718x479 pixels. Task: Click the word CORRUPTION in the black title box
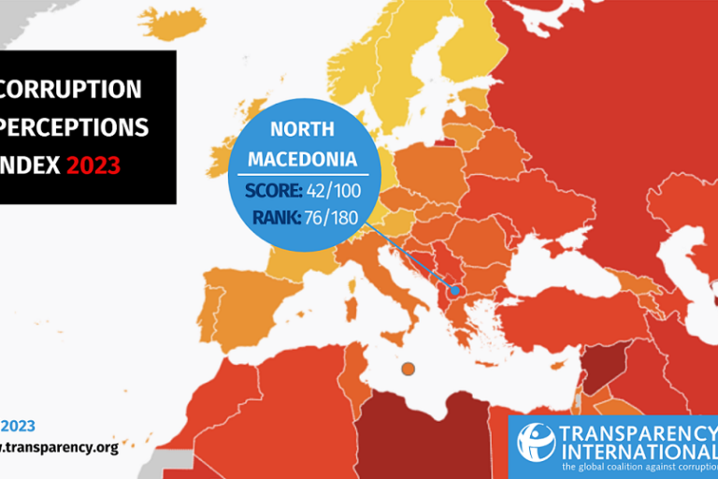[x=71, y=90]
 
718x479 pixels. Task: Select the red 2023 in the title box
[x=93, y=167]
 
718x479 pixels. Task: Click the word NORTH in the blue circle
[x=301, y=129]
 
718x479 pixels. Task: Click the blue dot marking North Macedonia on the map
[x=455, y=291]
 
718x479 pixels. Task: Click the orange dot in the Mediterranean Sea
[x=407, y=370]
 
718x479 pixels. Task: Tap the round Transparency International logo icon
[x=537, y=443]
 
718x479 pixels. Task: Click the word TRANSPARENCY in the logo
[x=637, y=432]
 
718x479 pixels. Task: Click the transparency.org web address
[x=61, y=447]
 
